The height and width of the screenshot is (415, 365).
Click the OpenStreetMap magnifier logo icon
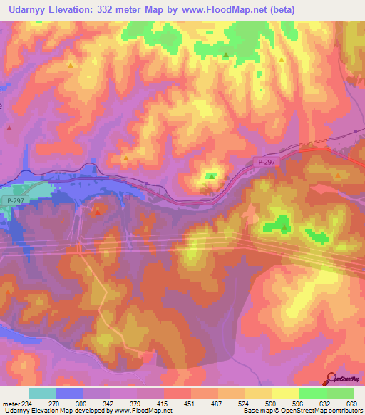(330, 379)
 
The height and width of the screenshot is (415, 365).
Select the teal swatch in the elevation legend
(42, 393)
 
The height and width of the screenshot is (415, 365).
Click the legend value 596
(297, 404)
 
